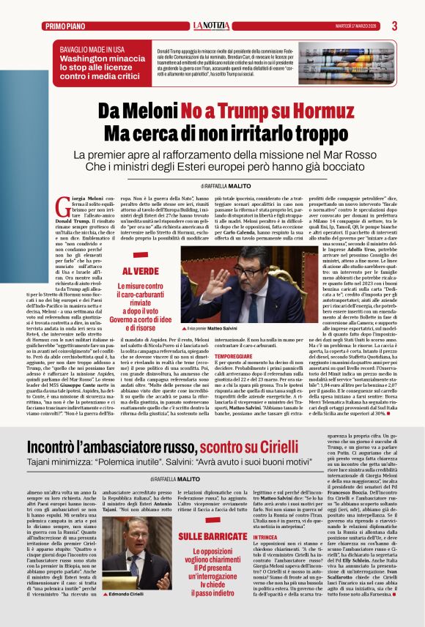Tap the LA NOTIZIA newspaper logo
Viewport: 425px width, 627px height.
coord(212,26)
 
